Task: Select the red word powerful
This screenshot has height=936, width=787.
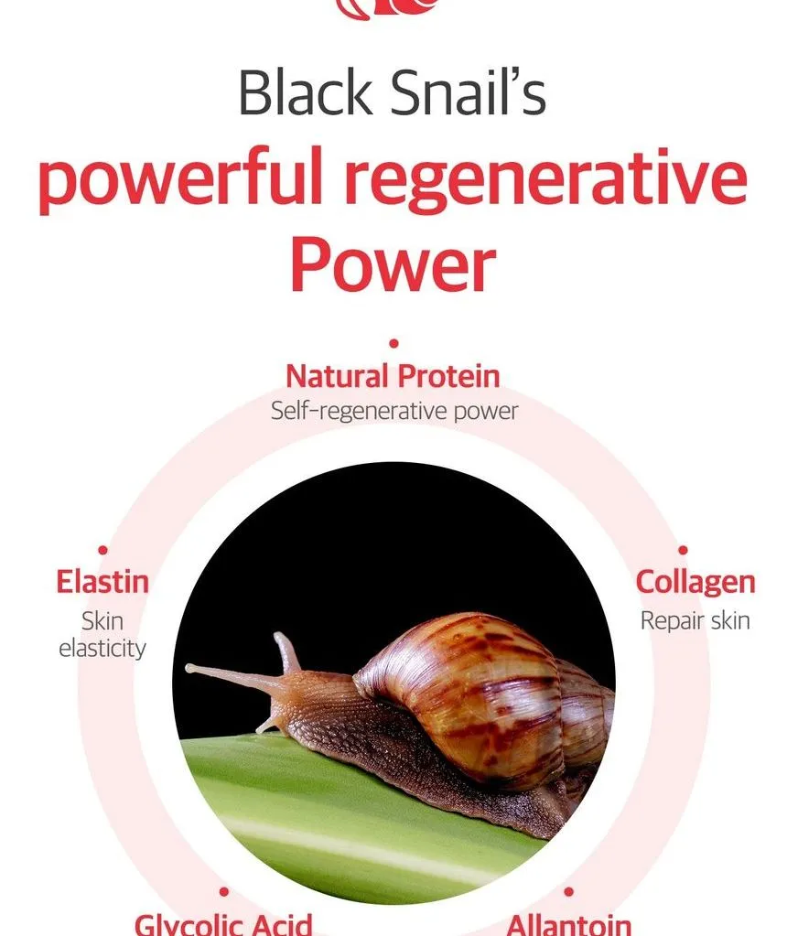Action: [180, 179]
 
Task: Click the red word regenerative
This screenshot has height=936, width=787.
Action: [545, 179]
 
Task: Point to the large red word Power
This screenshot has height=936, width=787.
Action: [393, 264]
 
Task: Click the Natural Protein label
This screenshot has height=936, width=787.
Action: [393, 376]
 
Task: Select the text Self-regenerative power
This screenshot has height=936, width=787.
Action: [394, 412]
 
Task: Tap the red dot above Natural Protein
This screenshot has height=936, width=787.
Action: [393, 343]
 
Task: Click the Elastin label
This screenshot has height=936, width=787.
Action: [102, 581]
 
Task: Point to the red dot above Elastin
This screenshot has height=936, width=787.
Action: [102, 550]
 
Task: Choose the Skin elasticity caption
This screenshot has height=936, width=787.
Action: [102, 634]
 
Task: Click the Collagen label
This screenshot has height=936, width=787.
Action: [695, 582]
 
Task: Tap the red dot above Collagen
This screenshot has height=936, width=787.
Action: [683, 550]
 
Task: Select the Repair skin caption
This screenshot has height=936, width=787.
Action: [695, 621]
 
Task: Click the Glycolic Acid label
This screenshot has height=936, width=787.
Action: [223, 924]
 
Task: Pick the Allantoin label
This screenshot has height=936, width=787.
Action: [568, 924]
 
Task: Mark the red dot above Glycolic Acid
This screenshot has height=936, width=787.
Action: [224, 892]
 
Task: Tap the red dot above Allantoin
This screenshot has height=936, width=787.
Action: [568, 892]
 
